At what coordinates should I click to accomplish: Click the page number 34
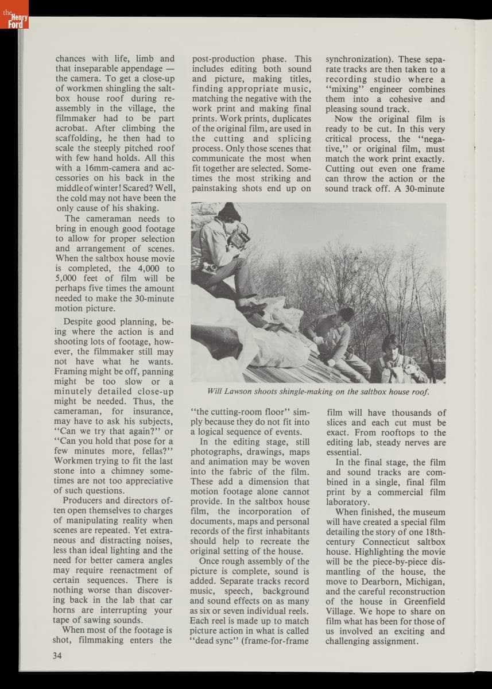tap(57, 656)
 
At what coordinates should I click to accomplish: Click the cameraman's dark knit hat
tap(229, 211)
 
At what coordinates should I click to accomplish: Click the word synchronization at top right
tap(359, 59)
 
